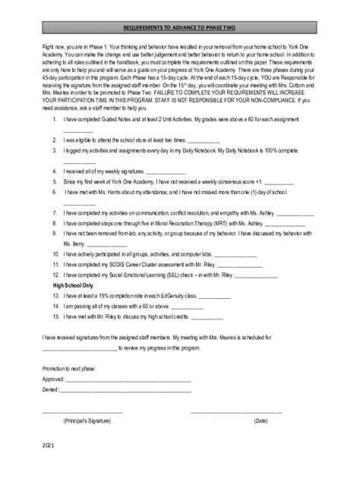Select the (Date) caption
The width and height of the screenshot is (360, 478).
click(261, 420)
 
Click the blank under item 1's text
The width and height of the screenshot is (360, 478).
click(77, 131)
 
